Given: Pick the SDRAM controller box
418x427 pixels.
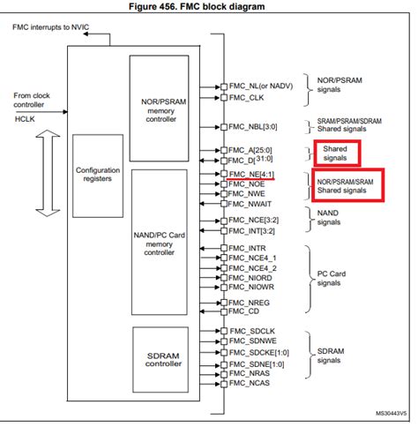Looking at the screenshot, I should pos(165,357).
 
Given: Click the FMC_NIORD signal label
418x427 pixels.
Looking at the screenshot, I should pos(251,276).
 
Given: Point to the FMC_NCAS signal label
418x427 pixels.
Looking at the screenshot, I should pos(250,384).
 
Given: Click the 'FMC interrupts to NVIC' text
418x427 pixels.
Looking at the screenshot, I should pos(54,28).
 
